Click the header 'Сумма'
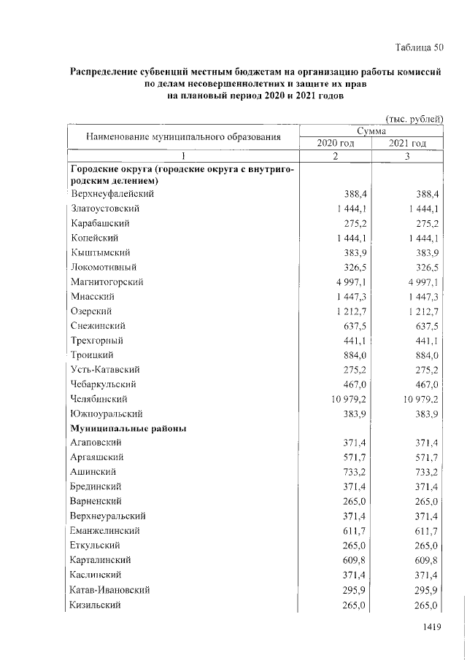(371, 130)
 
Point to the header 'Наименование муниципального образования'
(183, 136)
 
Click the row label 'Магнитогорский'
(107, 282)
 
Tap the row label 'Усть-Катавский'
(105, 370)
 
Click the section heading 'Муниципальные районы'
(128, 428)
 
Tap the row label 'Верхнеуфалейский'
(112, 194)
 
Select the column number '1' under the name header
(183, 156)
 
